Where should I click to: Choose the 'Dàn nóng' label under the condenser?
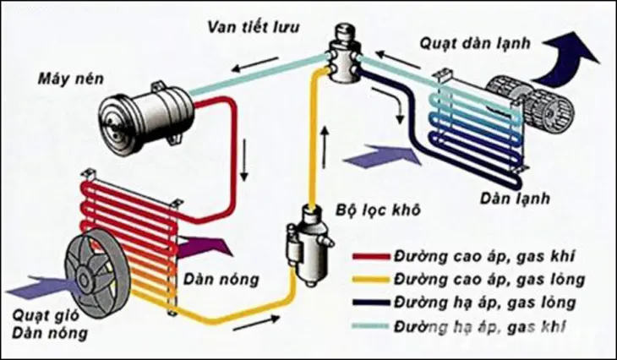213,278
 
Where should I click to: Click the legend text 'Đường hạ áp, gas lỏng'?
478,302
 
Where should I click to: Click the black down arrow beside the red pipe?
244,161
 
